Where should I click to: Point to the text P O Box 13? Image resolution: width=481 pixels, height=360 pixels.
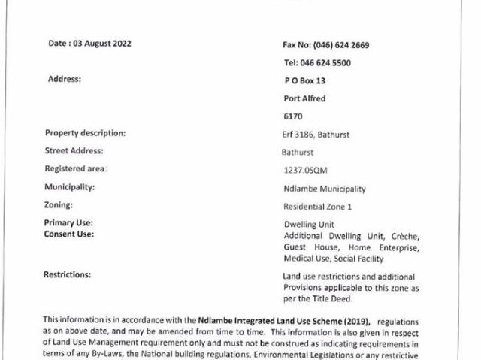click(304, 80)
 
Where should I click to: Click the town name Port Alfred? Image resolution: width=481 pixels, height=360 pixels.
click(304, 98)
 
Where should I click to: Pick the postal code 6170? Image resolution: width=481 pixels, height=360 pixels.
click(292, 117)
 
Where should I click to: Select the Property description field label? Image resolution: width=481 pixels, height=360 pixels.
click(85, 134)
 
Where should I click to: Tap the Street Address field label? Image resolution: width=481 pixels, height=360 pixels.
click(74, 151)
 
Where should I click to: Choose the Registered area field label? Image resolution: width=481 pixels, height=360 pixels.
click(76, 169)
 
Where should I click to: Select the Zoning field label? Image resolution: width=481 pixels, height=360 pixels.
click(59, 204)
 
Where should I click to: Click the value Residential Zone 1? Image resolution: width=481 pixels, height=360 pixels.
click(317, 207)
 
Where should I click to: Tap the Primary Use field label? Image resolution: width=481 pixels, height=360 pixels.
click(69, 223)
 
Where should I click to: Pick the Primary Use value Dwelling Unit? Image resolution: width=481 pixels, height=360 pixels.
click(309, 225)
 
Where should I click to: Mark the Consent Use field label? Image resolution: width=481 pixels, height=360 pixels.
click(69, 234)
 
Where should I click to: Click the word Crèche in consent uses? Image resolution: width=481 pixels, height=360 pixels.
click(403, 236)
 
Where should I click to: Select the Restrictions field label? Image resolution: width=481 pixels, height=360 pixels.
click(68, 274)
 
